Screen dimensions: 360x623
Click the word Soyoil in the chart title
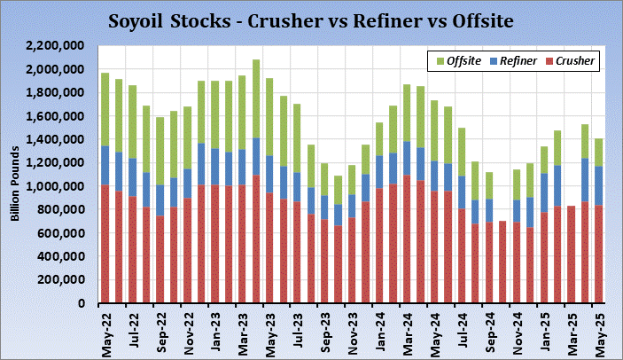tap(137, 19)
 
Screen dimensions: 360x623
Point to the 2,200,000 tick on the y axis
tap(56, 45)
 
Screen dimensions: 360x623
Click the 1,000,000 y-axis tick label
tap(56, 186)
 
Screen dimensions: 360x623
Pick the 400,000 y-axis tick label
tap(59, 257)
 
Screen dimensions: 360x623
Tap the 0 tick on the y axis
tap(81, 304)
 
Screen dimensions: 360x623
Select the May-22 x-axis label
tap(106, 337)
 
